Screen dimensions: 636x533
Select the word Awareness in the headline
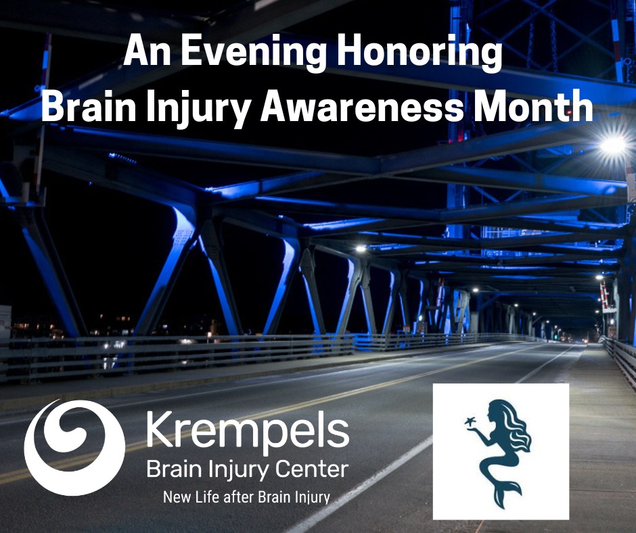pos(361,107)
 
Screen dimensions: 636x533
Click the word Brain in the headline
pos(89,107)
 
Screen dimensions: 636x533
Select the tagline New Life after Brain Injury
pos(246,497)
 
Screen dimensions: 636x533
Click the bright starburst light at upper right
pos(614,144)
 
